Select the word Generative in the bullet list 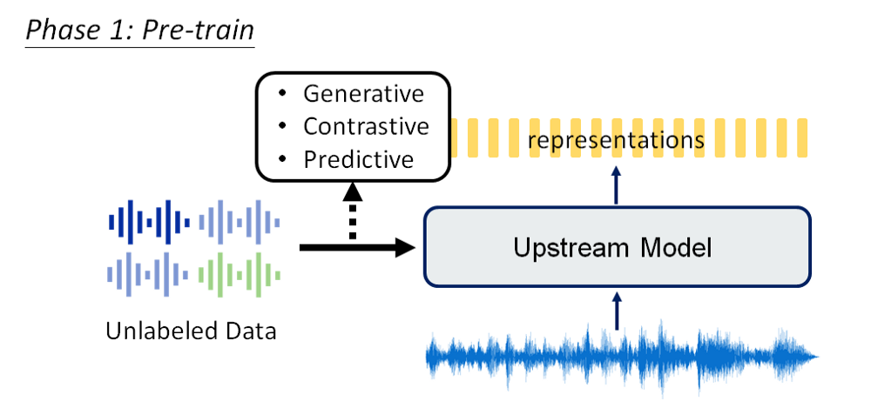coord(363,93)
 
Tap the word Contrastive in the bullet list coord(366,126)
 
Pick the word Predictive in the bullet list coord(358,160)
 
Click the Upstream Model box coord(616,248)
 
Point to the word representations coord(616,140)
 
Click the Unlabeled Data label coord(191,331)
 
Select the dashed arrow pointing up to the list coord(352,214)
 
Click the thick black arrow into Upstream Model coord(357,248)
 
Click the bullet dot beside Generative coord(281,93)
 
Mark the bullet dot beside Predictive coord(281,160)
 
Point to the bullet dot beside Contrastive coord(281,126)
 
